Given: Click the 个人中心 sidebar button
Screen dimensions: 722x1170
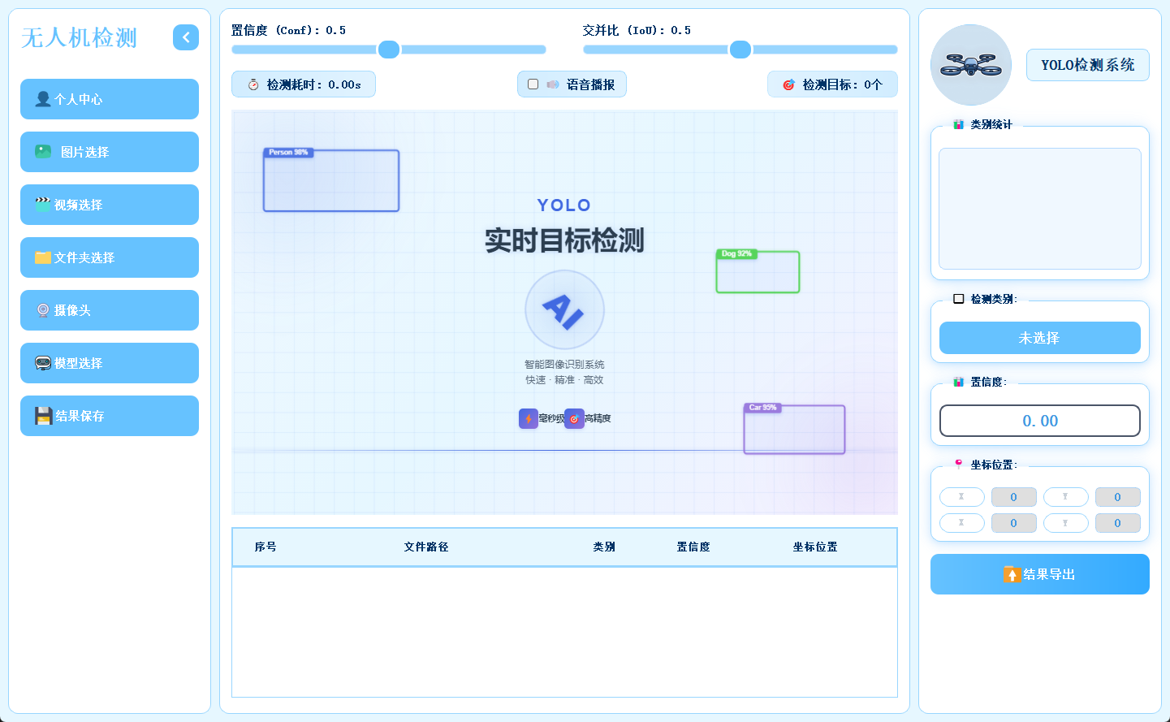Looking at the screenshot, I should [110, 99].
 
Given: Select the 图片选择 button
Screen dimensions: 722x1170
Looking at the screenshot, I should [110, 152].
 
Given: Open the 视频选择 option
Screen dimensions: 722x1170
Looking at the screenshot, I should [110, 205].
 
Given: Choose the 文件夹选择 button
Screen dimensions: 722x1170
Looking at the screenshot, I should [110, 257].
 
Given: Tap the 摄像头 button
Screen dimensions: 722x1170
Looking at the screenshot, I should [110, 310].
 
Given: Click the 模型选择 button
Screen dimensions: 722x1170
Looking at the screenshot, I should [110, 363].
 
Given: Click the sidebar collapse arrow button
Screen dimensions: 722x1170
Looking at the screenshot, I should [186, 37].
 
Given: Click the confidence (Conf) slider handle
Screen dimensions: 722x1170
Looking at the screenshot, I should [389, 50].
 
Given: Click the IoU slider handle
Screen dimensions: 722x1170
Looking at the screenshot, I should [740, 50].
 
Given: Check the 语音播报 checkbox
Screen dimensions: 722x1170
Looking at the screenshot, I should [533, 84].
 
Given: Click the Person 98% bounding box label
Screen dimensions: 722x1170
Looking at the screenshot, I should [288, 153].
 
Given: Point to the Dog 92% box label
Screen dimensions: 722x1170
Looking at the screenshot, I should [736, 254].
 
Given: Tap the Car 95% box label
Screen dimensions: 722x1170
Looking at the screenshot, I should [762, 408].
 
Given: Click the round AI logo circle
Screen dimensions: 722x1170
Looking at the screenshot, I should [564, 309].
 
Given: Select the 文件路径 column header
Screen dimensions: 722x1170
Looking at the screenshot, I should [426, 547].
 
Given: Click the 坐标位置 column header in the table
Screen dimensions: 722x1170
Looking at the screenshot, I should [815, 547].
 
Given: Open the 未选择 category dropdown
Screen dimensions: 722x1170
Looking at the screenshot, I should [1039, 338].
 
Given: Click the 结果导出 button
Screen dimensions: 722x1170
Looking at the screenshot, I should [1039, 574].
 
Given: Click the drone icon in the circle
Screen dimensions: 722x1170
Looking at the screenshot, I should [971, 65].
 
